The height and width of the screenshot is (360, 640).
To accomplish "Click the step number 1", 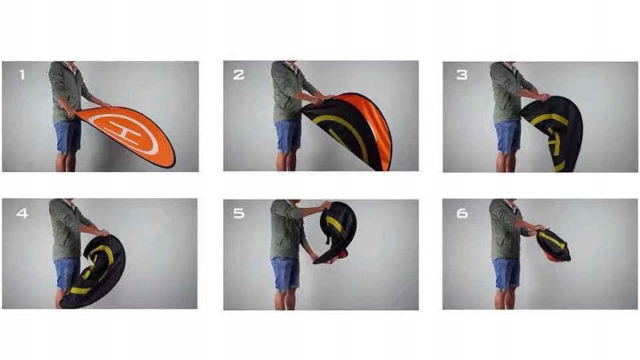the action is pyautogui.click(x=22, y=75).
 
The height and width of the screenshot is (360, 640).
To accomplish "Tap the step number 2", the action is pyautogui.click(x=239, y=75).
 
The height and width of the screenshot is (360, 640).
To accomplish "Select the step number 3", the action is pyautogui.click(x=461, y=75).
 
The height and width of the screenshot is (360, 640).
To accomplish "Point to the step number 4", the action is pyautogui.click(x=22, y=213).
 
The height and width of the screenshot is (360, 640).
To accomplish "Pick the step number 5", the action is pyautogui.click(x=239, y=213).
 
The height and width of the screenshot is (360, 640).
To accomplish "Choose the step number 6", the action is pyautogui.click(x=461, y=213).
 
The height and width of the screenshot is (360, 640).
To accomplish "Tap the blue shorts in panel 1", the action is pyautogui.click(x=67, y=136).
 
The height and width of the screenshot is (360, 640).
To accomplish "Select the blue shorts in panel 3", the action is pyautogui.click(x=508, y=137).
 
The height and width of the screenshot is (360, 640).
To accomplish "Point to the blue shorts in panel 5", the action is pyautogui.click(x=285, y=274).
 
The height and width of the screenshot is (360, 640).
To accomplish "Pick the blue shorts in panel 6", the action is pyautogui.click(x=506, y=274).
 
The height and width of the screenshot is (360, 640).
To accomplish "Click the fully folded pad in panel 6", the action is pyautogui.click(x=553, y=245).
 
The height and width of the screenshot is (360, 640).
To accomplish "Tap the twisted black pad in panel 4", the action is pyautogui.click(x=93, y=271).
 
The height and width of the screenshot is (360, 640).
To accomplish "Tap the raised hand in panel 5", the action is pyautogui.click(x=326, y=205).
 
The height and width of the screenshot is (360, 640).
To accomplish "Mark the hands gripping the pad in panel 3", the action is pyautogui.click(x=543, y=97).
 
